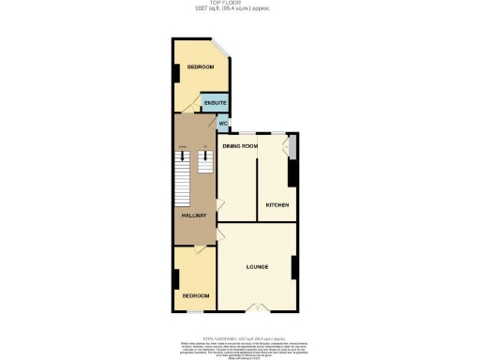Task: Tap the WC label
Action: click(223, 124)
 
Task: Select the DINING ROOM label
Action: click(239, 146)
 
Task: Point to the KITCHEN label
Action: click(277, 204)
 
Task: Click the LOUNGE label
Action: click(258, 267)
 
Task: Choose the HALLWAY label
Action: click(194, 216)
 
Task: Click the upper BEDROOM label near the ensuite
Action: click(200, 67)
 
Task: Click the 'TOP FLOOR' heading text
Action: click(239, 3)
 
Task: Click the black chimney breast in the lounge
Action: click(294, 267)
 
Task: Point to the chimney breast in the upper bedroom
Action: click(175, 73)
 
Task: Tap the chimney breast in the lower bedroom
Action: click(175, 280)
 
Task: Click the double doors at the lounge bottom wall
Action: click(257, 307)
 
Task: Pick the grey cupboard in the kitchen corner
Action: click(293, 145)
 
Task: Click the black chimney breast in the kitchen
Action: click(292, 172)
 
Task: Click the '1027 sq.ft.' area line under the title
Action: click(239, 9)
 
